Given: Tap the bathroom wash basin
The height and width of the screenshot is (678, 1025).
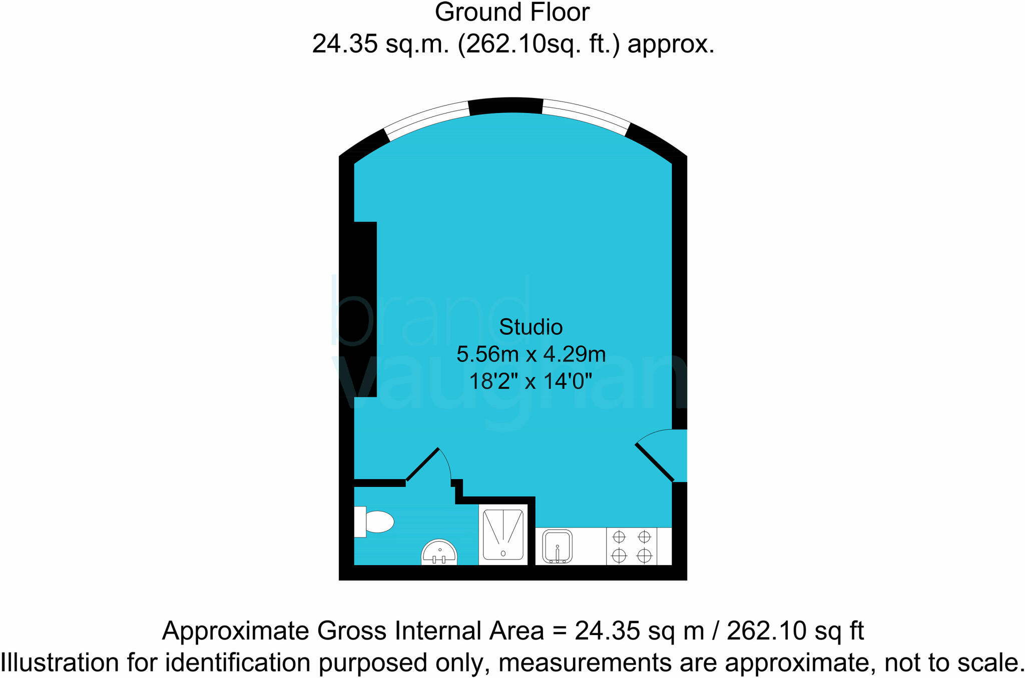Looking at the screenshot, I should pos(439,553).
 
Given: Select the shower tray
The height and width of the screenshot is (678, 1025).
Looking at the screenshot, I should pos(503,534).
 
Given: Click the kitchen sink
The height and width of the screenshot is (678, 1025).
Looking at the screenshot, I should pos(557,546).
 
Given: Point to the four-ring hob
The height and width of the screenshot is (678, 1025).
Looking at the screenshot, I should pos(632,546).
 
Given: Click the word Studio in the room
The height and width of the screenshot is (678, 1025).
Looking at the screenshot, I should pos(531,327).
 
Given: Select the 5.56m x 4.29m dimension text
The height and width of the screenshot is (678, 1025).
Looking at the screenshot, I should pos(531,354).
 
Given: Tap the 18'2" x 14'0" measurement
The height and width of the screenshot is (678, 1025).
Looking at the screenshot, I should pos(531,382).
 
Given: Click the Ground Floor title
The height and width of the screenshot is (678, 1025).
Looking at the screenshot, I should pos(512,12).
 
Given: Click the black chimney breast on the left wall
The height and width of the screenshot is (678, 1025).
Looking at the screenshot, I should pos(365,309).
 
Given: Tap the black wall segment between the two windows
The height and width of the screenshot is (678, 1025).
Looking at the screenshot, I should pos(506,105).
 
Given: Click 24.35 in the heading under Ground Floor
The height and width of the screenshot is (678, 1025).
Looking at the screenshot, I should pos(345,44).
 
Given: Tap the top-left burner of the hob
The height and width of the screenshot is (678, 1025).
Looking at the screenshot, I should pos(619,537).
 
